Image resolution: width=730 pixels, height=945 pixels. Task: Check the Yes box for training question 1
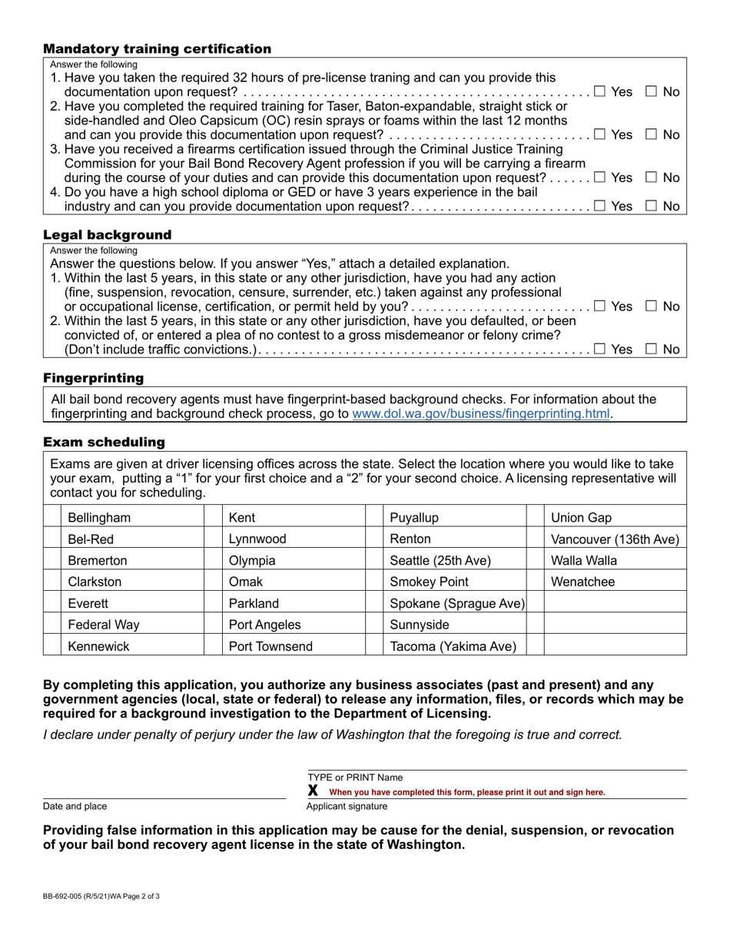point(600,92)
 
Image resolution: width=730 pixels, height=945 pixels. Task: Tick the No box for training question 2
point(651,134)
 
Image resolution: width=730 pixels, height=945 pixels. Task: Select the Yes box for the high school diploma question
point(600,206)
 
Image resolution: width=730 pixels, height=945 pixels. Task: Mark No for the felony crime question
point(651,350)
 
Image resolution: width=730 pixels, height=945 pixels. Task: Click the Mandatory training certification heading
point(157,49)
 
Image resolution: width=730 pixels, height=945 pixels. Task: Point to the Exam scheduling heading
point(104,443)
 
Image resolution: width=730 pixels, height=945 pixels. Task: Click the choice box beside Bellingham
point(51,517)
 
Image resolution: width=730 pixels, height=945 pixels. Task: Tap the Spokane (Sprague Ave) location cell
point(456,603)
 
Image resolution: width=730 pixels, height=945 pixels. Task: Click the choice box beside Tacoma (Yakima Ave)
point(373,646)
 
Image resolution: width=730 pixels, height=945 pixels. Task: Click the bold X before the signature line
point(313,791)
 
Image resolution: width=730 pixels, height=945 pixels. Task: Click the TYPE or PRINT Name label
point(355,778)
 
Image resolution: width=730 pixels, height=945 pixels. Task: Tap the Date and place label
point(75,806)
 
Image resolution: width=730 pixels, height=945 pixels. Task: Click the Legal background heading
point(108,234)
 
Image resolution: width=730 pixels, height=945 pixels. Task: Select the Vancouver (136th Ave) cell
point(615,539)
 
